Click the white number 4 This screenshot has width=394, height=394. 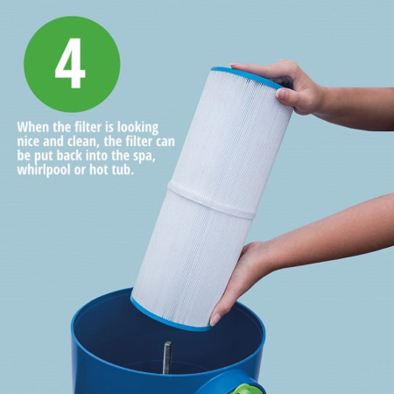click(70, 63)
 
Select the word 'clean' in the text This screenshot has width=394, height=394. click(84, 142)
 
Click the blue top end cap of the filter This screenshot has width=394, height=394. click(247, 77)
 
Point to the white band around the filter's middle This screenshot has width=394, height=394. click(212, 200)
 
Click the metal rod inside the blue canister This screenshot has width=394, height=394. click(167, 358)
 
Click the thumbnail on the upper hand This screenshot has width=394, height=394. click(282, 94)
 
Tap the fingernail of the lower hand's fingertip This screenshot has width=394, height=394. click(215, 320)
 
